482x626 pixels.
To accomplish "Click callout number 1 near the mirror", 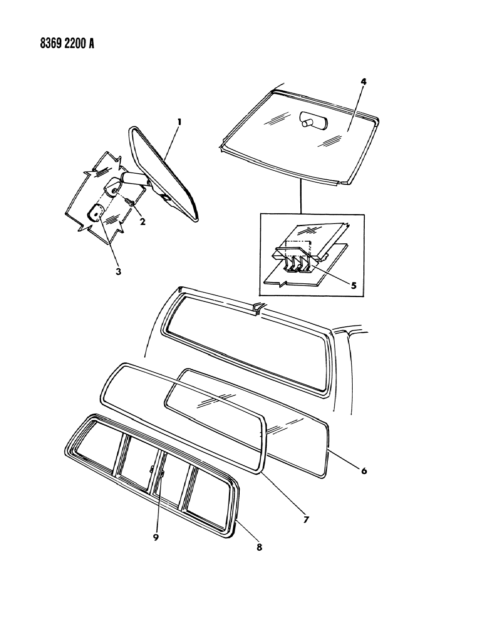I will [x=179, y=123].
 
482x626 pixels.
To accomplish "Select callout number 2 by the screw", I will [x=141, y=222].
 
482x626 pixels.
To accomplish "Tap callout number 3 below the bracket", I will [x=118, y=271].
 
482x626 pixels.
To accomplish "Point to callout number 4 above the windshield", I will [x=363, y=82].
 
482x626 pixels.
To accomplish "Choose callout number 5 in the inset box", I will [x=353, y=285].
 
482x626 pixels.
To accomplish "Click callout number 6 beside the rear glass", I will [x=363, y=471].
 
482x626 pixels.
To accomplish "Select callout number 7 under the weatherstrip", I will [x=305, y=520].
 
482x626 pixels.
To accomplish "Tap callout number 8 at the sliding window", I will [x=259, y=548].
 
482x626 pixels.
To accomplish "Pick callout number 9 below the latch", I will [x=156, y=537].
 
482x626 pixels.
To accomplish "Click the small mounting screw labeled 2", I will [x=131, y=201].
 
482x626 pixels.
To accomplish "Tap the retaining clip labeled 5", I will [x=301, y=263].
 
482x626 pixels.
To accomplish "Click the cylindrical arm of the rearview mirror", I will [x=134, y=177].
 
